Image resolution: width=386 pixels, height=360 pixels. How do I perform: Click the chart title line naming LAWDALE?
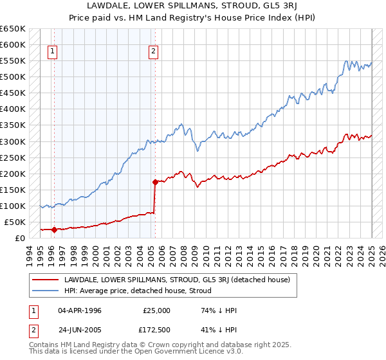(x=192, y=5)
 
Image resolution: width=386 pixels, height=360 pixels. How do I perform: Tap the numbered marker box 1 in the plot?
(x=52, y=53)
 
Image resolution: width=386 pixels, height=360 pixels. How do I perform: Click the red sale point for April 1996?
(x=54, y=230)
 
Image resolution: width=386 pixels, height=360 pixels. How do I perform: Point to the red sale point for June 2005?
(x=155, y=182)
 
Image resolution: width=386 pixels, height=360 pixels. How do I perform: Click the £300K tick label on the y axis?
(x=13, y=141)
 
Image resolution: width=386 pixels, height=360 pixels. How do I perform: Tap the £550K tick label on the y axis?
(x=13, y=61)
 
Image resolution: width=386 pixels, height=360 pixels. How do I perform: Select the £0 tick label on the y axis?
(x=20, y=238)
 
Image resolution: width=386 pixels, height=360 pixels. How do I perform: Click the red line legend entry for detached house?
(x=177, y=280)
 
